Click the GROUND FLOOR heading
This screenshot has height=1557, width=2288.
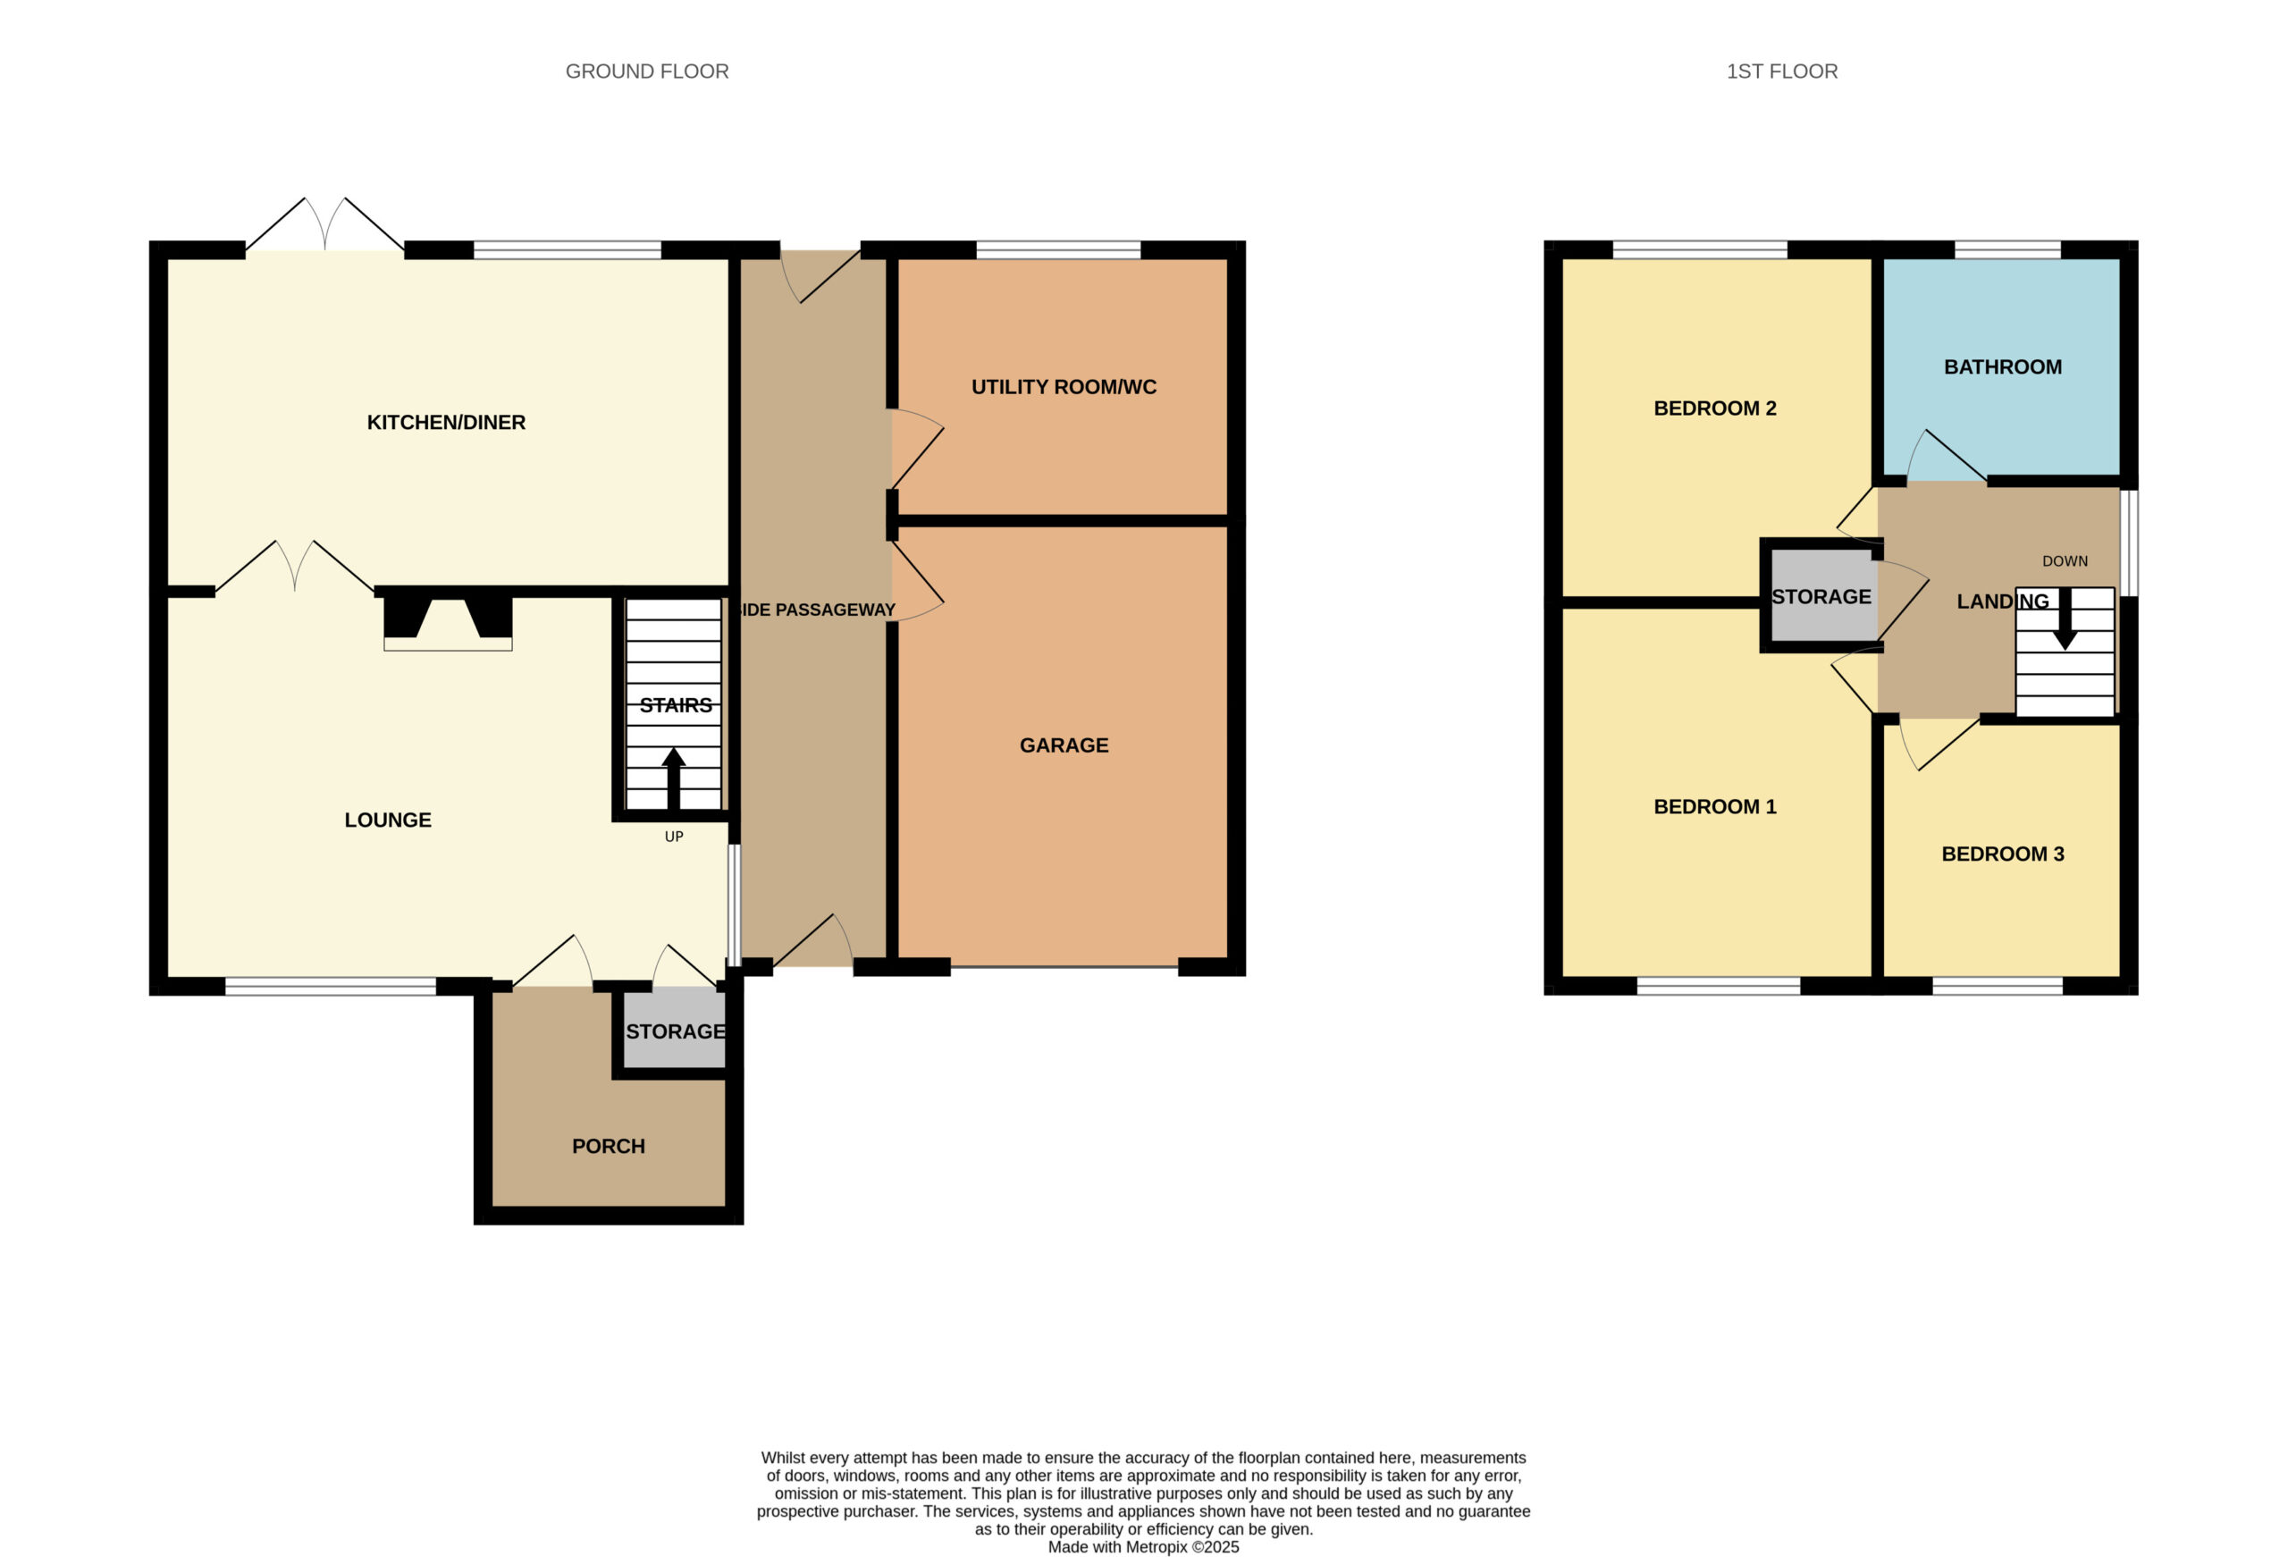pos(647,72)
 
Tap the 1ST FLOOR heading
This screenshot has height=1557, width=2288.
pos(1782,72)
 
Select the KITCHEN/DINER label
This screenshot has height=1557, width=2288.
pos(446,423)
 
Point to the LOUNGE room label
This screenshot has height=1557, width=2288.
pos(388,821)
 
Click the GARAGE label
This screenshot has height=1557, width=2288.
pos(1064,745)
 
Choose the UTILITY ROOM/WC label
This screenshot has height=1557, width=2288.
pos(1064,387)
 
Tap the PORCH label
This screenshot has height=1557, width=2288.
pos(609,1147)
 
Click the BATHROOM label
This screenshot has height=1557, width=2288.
pos(2003,367)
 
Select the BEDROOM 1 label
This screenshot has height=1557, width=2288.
pos(1715,806)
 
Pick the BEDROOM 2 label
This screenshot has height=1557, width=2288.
pos(1715,408)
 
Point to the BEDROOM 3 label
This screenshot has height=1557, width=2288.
pos(2003,854)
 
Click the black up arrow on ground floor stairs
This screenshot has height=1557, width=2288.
pos(673,778)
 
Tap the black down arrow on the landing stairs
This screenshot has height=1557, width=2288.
pos(2065,619)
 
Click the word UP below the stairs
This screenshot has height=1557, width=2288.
pos(673,837)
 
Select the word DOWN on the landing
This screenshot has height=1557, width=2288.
pos(2065,561)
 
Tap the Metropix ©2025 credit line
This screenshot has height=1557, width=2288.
pos(1143,1547)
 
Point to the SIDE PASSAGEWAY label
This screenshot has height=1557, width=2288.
pos(816,610)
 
